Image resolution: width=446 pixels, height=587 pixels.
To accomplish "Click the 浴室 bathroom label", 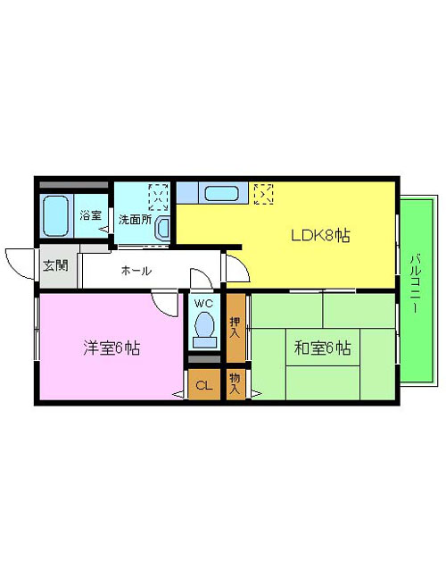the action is point(91,215).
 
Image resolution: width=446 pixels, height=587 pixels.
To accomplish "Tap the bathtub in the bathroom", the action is point(55,216).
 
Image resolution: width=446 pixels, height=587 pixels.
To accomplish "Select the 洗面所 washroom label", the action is point(135,220).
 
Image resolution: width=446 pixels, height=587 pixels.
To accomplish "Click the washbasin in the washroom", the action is point(162,228).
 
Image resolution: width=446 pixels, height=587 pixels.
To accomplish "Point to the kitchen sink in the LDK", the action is point(222,194).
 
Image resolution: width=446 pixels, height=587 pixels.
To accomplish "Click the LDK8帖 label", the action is point(320,236).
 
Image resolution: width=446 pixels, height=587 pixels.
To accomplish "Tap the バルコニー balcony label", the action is point(415,283).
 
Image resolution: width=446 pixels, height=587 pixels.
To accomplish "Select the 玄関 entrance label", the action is point(55,265).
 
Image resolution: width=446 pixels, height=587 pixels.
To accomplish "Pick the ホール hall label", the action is point(136,271).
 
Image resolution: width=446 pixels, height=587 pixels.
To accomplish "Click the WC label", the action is point(203,303).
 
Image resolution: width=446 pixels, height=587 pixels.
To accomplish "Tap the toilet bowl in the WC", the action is point(204,330).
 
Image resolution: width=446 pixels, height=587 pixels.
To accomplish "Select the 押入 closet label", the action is point(235,328).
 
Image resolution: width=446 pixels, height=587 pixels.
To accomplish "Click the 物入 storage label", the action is point(235,383).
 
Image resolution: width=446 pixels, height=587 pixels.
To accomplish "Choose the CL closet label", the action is point(203,385).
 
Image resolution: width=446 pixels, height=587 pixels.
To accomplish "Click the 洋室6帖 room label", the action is point(111,348).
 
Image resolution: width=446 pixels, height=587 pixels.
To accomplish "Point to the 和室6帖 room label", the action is point(322,348).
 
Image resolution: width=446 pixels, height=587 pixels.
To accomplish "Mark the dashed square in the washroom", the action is point(159,197).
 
